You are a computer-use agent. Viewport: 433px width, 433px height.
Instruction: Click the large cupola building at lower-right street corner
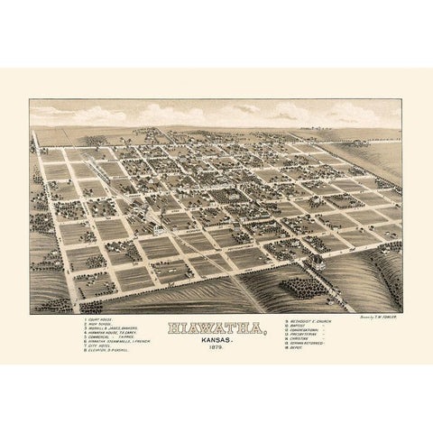pyautogui.click(x=318, y=261)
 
